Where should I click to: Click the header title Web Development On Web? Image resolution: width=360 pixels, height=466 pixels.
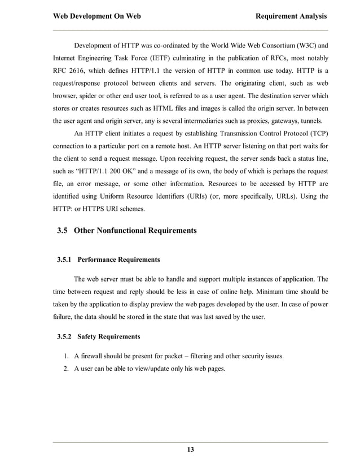pos(96,16)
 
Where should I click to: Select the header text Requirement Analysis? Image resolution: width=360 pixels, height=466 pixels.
pos(291,16)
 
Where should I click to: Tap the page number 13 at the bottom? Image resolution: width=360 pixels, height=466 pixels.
pos(190,450)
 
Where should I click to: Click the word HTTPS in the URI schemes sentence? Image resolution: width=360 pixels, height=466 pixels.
pos(100,210)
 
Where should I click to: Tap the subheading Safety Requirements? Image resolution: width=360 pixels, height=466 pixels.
pos(108,337)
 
